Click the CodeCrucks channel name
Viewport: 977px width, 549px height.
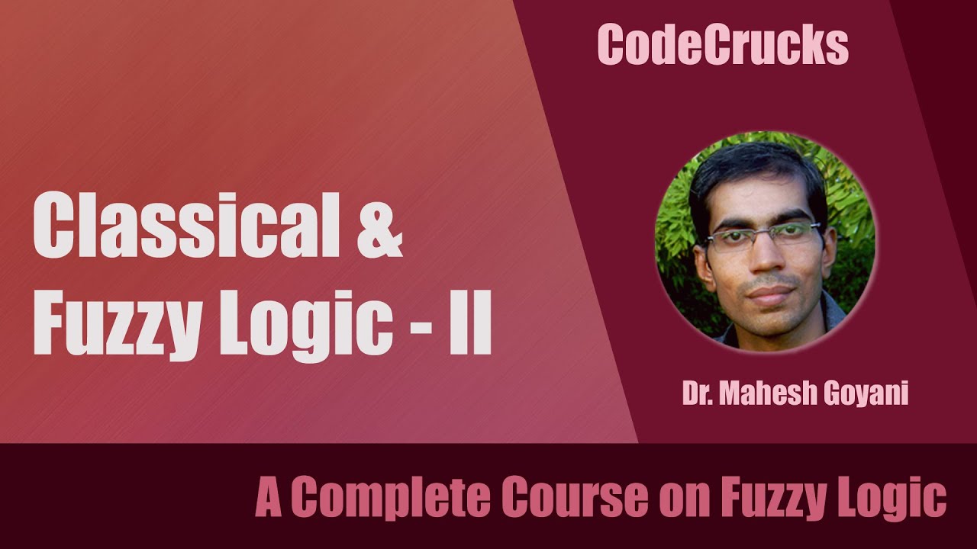point(723,46)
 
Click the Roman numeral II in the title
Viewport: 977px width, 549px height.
point(469,325)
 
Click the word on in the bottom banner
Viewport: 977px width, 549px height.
point(678,500)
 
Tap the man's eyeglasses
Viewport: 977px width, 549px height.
point(763,239)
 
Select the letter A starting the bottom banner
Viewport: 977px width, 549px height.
point(268,499)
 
